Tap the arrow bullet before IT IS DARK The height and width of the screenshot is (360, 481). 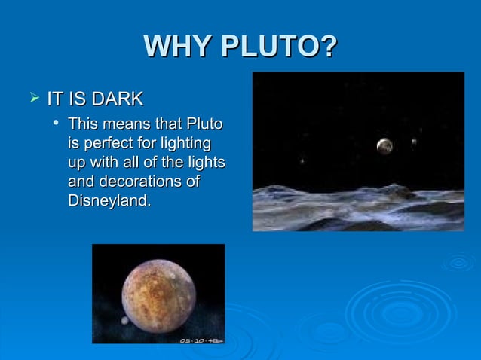(32, 98)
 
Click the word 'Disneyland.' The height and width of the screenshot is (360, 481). (109, 201)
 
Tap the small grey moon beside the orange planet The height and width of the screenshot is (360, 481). (124, 320)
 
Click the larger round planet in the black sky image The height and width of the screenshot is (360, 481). (384, 146)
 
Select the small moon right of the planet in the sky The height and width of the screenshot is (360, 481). (414, 142)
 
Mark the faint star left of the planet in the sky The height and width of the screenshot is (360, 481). (303, 160)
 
